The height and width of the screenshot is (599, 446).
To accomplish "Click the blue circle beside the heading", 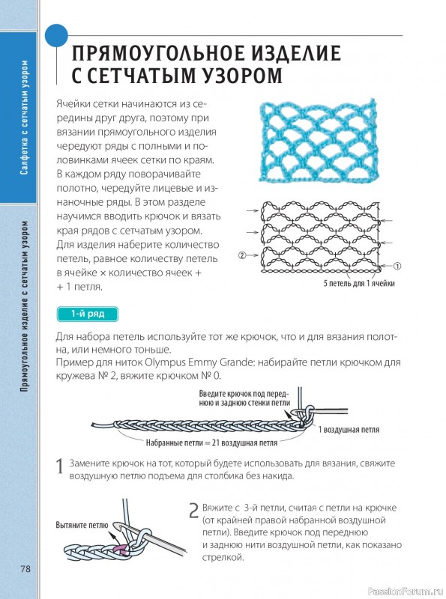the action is [57, 36].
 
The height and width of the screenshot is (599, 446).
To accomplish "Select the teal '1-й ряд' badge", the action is [88, 314].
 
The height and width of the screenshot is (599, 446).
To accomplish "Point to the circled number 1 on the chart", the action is [397, 267].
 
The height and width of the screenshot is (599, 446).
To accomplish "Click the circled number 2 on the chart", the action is [242, 255].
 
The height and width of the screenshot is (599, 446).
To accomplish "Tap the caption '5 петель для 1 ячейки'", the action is [359, 284].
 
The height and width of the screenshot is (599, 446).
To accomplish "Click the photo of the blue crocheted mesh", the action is [319, 141].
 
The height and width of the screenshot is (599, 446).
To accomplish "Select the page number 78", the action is [25, 569].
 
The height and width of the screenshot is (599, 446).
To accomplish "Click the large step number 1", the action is [60, 466].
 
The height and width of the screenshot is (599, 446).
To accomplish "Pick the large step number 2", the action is [193, 511].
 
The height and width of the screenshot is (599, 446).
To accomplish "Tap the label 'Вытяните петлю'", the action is [82, 526].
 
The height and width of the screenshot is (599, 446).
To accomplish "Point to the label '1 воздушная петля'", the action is [349, 430].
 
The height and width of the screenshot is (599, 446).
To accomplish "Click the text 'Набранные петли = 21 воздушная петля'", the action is [211, 443].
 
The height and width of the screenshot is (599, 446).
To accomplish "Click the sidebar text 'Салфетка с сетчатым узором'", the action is [25, 118].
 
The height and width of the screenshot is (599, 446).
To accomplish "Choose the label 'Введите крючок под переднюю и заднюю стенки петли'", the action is [244, 398].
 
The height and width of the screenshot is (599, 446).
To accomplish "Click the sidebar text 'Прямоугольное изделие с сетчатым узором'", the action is [25, 306].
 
